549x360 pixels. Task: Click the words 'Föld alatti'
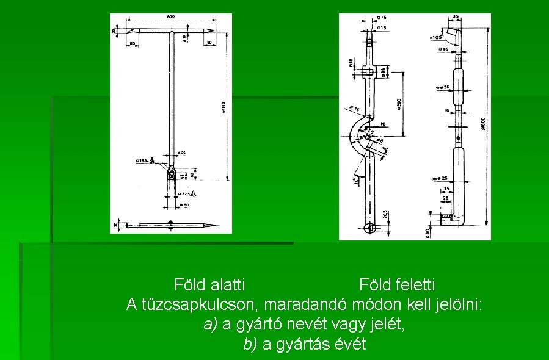pos(209,284)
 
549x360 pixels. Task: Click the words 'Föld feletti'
pos(397,284)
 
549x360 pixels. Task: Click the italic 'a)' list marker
pos(211,324)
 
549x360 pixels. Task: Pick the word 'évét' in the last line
pos(350,344)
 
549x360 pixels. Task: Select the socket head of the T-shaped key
pos(172,174)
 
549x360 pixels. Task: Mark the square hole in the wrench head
pos(369,73)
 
